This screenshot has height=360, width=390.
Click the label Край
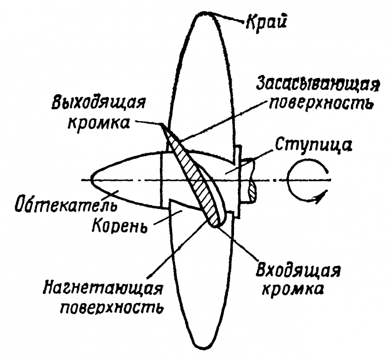[x=266, y=22]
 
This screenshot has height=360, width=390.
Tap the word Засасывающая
[x=318, y=84]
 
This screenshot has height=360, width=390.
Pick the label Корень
[x=119, y=226]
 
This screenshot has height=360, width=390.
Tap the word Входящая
[x=298, y=270]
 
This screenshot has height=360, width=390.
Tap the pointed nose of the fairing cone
[x=91, y=179]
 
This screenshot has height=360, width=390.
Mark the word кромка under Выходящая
[x=99, y=122]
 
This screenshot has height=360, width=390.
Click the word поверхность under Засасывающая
[x=321, y=102]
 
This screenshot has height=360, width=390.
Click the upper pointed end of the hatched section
[x=162, y=125]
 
